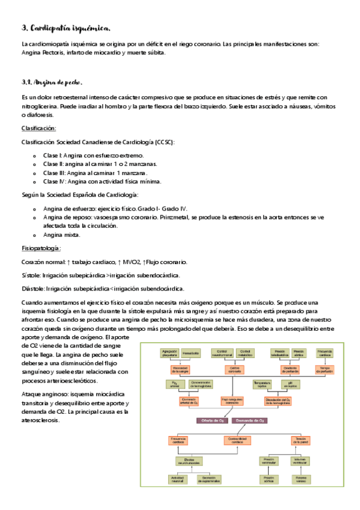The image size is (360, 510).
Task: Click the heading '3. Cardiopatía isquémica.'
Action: [66, 28]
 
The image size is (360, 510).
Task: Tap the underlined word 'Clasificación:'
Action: [39, 128]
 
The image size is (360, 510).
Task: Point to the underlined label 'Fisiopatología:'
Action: [41, 248]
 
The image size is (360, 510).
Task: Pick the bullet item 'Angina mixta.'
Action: [62, 235]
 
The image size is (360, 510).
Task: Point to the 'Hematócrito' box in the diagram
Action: [191, 353]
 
